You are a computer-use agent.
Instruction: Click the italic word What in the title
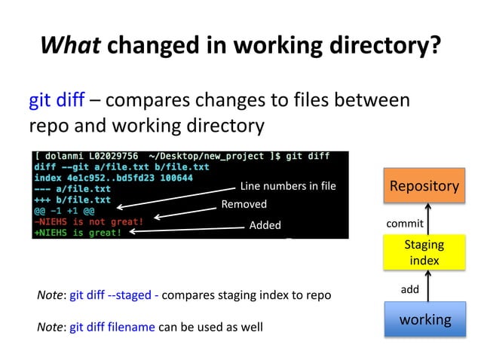coord(71,46)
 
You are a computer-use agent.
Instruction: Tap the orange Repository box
coord(424,186)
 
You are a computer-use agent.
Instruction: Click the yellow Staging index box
coord(424,252)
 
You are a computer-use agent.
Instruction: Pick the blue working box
coord(424,319)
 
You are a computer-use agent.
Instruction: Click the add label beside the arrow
coord(409,288)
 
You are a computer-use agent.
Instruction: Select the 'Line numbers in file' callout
coord(287,186)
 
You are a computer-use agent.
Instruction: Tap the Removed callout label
coord(244,204)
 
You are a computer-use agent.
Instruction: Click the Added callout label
coord(265,224)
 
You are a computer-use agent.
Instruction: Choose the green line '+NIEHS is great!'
coord(77,233)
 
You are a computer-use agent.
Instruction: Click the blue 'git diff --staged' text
coord(111,295)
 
